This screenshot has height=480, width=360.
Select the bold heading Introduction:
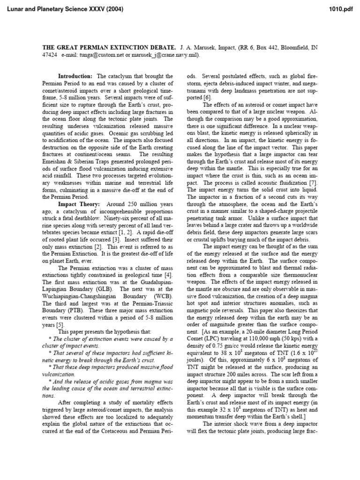[75, 76]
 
